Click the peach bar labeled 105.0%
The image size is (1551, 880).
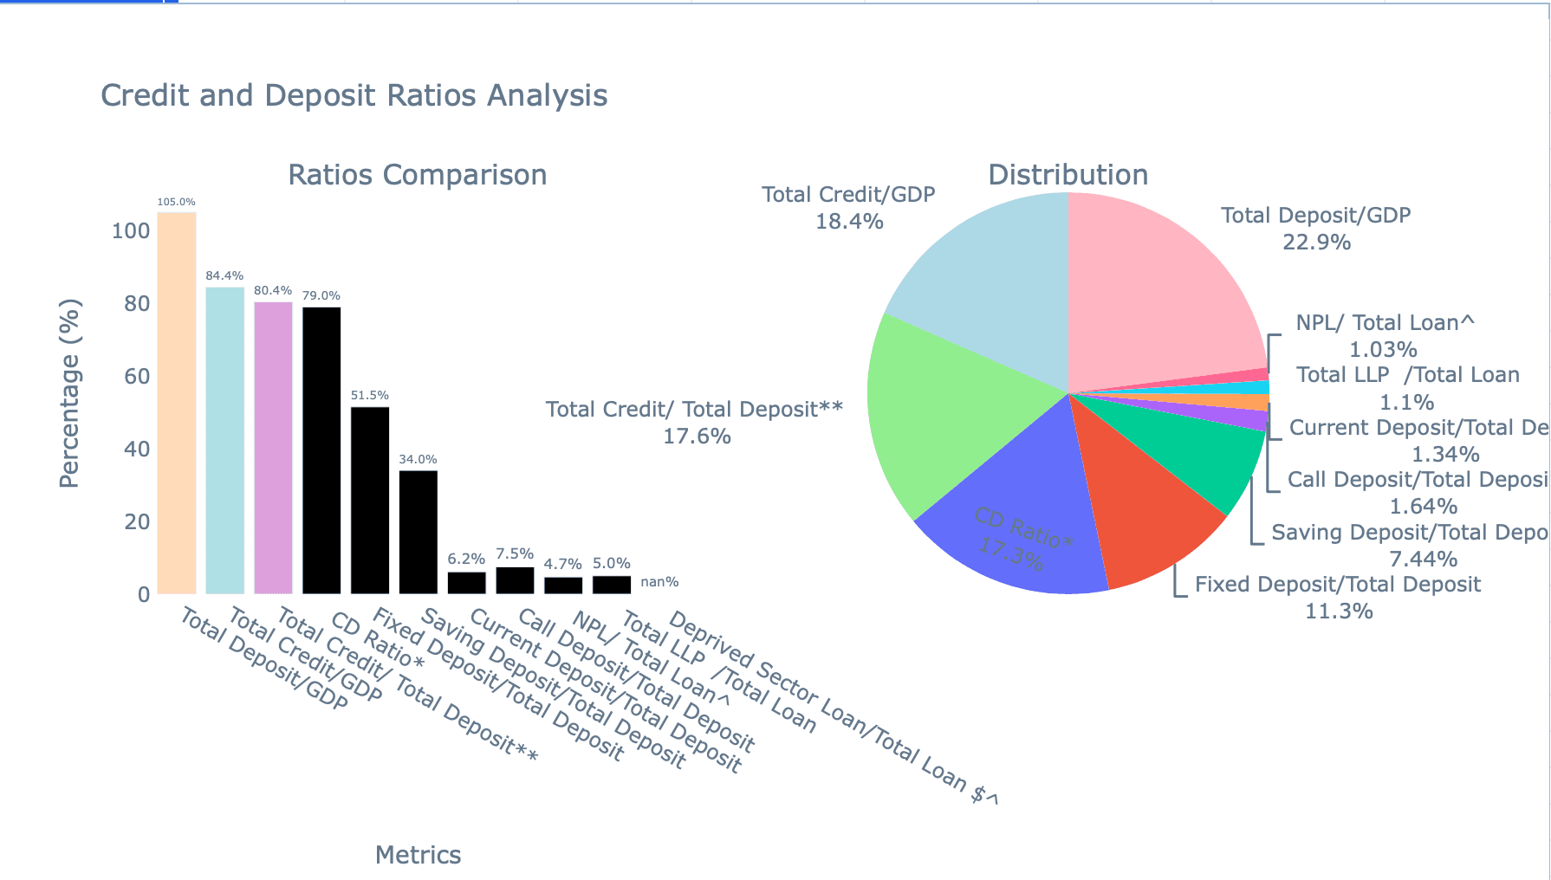pos(177,403)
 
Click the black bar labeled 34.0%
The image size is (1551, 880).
pos(419,532)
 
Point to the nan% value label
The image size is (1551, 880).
pos(659,582)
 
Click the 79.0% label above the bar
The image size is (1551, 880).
pos(321,295)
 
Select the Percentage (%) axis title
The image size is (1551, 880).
pos(69,393)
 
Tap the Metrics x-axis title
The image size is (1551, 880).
pos(418,855)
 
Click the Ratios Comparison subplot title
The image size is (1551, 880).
pos(417,175)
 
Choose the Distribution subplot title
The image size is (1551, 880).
pos(1068,175)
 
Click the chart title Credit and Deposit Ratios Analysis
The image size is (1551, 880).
pos(354,95)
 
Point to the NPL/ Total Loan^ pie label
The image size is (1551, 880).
pos(1384,324)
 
